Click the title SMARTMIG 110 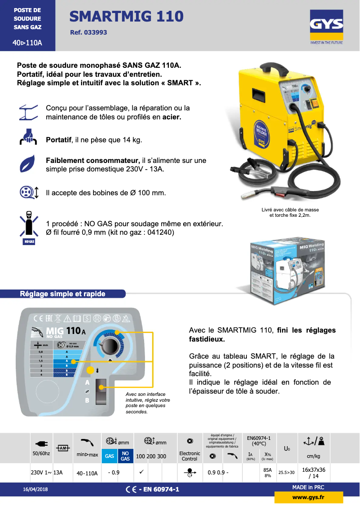(127, 17)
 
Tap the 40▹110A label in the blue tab (27, 43)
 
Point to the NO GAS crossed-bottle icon (29, 224)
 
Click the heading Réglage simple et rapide (62, 294)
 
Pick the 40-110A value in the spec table (87, 473)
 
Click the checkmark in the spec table (141, 472)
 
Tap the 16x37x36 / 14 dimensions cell (314, 473)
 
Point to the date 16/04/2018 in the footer (35, 489)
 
